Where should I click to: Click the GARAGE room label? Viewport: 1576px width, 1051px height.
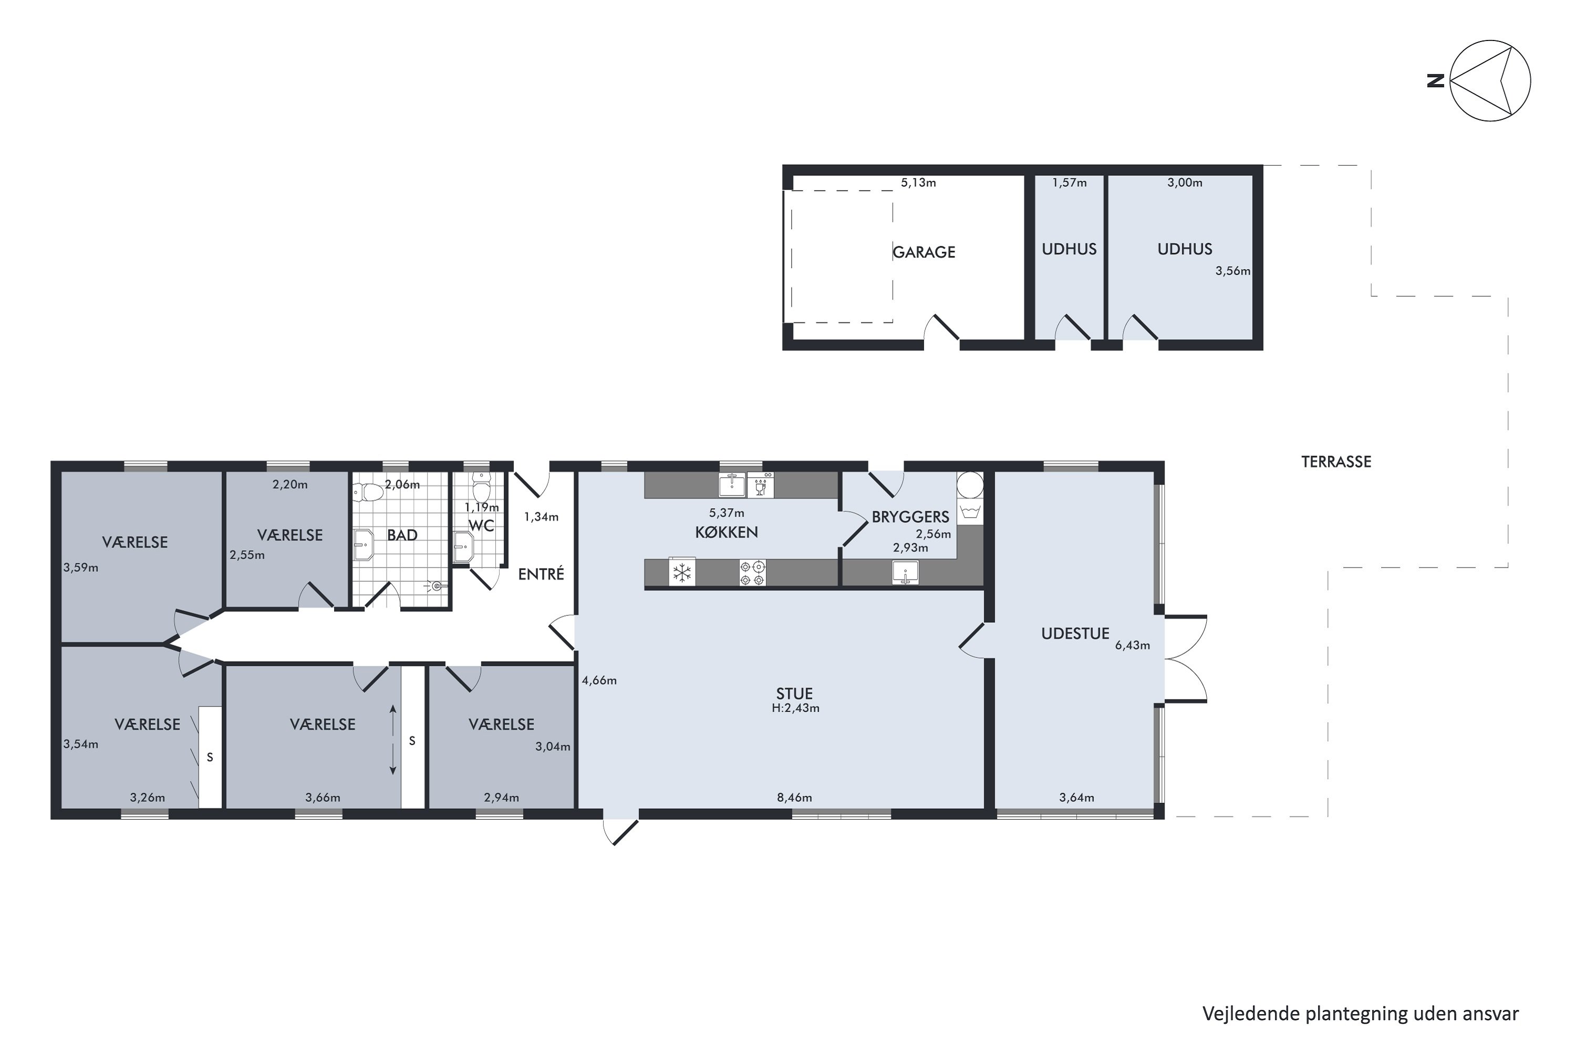click(924, 252)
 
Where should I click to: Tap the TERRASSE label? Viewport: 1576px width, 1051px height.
click(1336, 461)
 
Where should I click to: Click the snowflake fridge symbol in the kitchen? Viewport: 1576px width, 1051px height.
click(682, 572)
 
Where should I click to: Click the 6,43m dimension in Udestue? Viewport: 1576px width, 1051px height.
click(1133, 645)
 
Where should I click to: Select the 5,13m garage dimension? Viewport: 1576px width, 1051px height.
click(918, 182)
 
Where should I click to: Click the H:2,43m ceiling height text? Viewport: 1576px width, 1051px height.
click(795, 708)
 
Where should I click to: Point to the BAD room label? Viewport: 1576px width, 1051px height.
click(402, 535)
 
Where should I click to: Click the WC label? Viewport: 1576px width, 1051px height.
click(481, 525)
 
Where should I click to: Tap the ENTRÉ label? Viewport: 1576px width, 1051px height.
click(541, 574)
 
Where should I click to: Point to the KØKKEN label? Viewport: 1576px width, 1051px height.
click(727, 532)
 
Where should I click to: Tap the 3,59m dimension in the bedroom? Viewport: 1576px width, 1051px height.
click(80, 568)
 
